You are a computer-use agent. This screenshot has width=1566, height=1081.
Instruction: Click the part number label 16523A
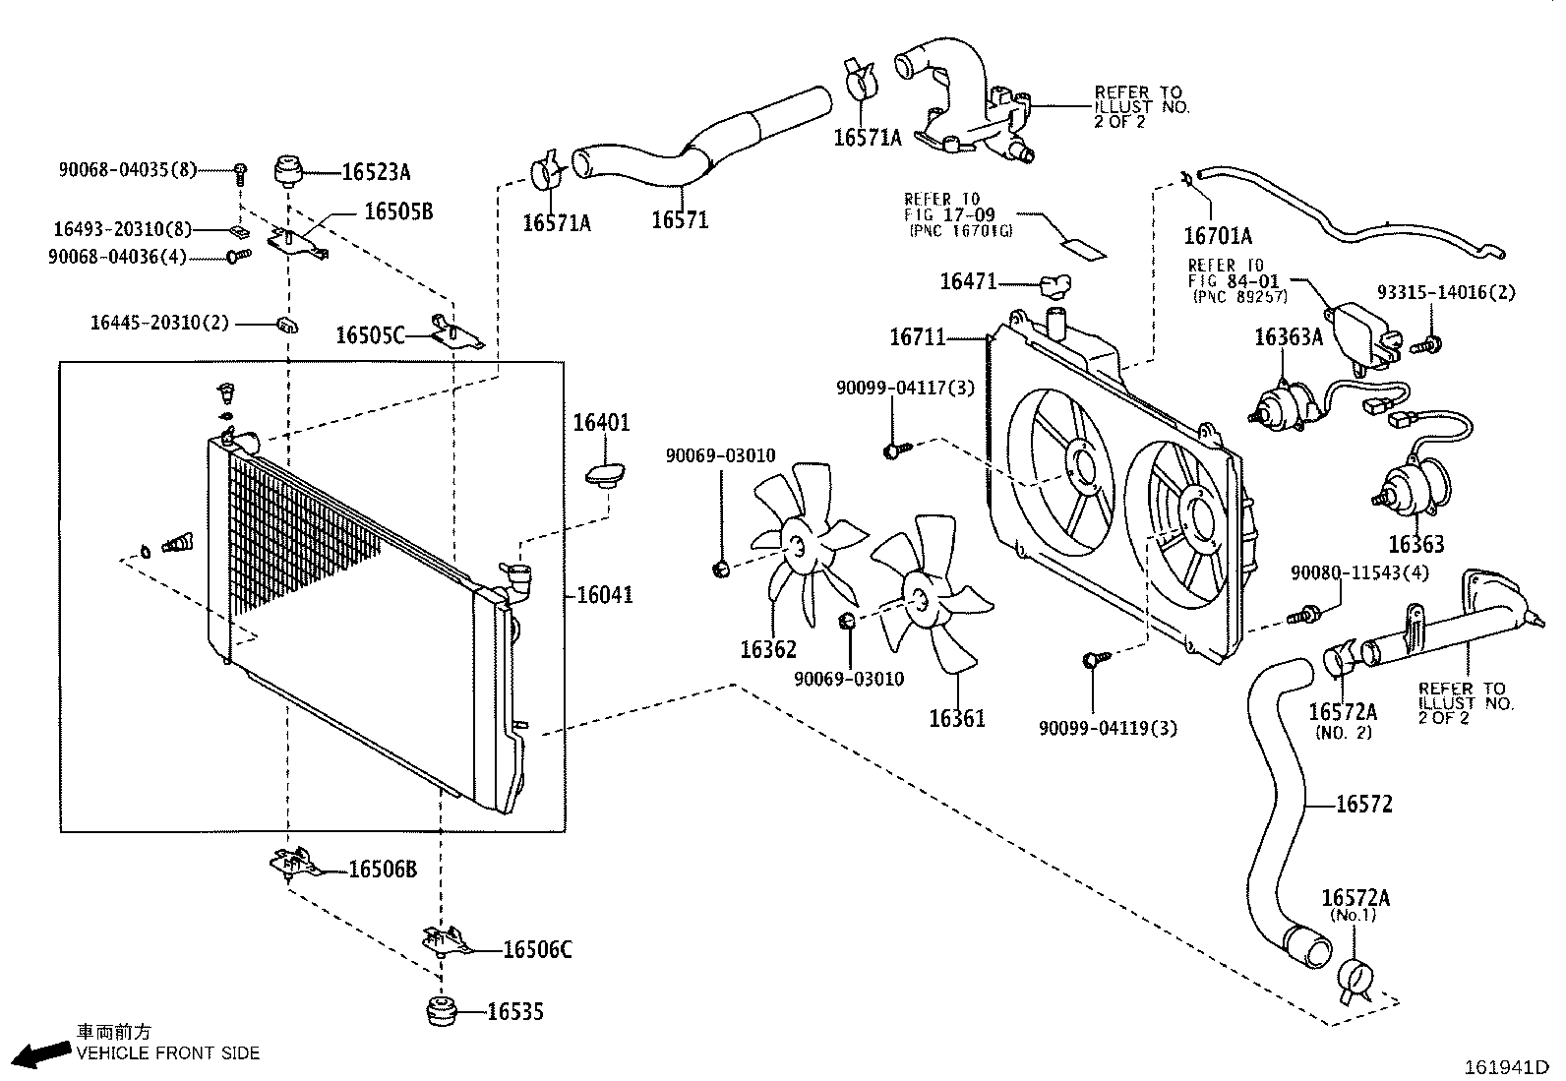(x=376, y=171)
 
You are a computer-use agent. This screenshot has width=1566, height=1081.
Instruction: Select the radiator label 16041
(x=605, y=595)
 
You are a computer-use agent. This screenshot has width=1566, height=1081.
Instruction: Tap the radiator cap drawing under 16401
(x=605, y=475)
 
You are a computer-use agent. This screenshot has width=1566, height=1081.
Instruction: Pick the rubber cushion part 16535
(x=442, y=1011)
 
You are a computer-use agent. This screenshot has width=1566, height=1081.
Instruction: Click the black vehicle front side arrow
(x=42, y=1053)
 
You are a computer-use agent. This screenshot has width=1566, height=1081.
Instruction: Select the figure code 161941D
(x=1507, y=1067)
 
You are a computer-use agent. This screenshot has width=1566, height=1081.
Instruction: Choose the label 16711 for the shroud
(x=917, y=337)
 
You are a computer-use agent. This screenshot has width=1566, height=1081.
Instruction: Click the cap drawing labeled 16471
(x=1054, y=286)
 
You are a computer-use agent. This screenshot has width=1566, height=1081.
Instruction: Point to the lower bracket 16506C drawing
(x=448, y=941)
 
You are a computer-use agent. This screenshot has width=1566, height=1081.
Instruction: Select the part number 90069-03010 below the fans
(x=849, y=679)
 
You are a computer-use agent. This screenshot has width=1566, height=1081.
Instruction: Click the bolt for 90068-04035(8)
(x=240, y=173)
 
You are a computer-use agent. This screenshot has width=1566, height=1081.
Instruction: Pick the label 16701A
(x=1217, y=236)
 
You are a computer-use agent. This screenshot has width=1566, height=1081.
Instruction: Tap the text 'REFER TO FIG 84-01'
(x=1234, y=273)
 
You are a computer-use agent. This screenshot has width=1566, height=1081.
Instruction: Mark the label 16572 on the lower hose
(x=1364, y=804)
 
